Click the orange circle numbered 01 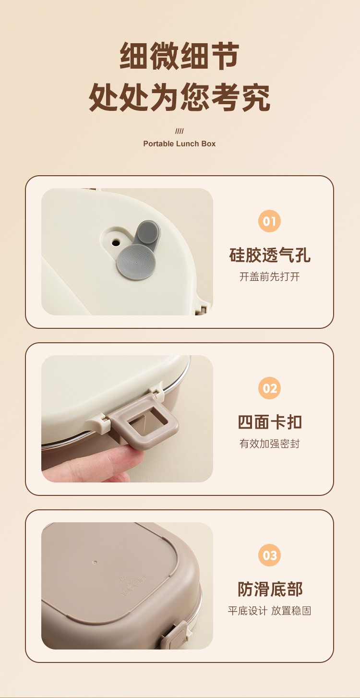tap(269, 221)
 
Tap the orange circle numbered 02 tap(269, 388)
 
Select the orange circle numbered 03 tap(269, 555)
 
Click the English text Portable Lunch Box tap(179, 144)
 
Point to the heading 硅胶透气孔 tap(270, 255)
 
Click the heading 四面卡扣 tap(270, 422)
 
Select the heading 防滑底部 tap(270, 589)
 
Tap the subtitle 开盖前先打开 tap(270, 277)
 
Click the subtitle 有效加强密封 tap(270, 444)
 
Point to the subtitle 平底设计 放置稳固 tap(270, 611)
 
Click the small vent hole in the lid tap(116, 242)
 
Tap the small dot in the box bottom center tap(95, 562)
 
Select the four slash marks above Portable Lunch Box tap(179, 131)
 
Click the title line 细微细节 tap(180, 56)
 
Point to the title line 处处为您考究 tap(180, 97)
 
